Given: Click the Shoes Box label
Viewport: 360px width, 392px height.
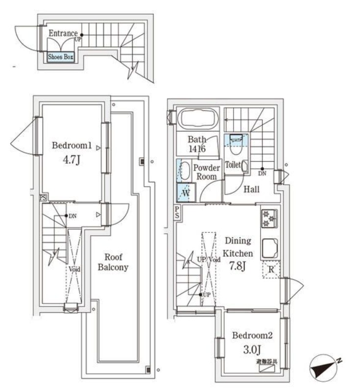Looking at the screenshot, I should tap(60, 57).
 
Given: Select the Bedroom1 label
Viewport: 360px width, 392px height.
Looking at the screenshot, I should tap(72, 146).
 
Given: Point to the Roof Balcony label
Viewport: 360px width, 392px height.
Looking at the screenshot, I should tap(113, 262).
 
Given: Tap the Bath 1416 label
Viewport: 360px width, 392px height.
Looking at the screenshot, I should tap(196, 144).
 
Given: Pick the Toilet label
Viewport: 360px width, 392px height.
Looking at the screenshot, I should tap(233, 166).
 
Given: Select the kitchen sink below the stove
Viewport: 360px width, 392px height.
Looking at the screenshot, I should tap(269, 248).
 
